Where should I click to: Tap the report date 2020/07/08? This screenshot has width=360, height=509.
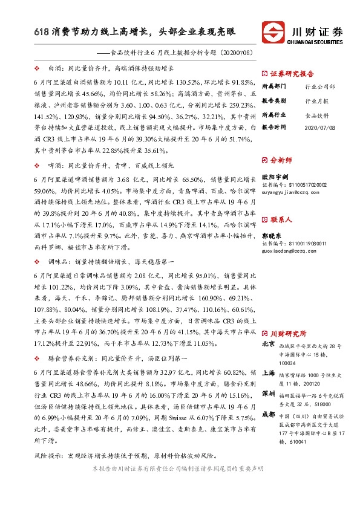320,128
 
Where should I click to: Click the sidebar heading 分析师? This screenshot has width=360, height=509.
281,160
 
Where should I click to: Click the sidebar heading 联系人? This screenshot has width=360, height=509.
281,219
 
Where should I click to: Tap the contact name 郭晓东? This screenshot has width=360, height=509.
274,235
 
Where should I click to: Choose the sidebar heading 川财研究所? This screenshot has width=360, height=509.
288,333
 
